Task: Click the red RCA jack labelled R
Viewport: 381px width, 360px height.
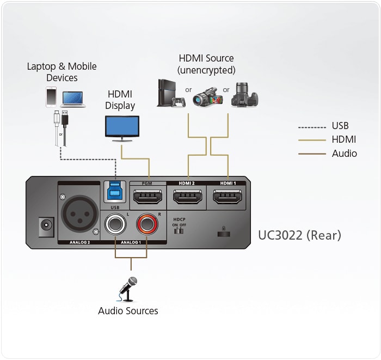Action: coord(147,224)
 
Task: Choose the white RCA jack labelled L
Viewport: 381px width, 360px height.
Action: coord(115,224)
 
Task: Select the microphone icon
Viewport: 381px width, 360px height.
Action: coord(128,289)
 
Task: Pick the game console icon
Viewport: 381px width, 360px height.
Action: coord(169,94)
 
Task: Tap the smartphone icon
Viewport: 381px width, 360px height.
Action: coord(52,97)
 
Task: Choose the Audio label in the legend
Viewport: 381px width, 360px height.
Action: coord(345,154)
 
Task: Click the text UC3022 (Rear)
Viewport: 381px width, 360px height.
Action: coord(299,235)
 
